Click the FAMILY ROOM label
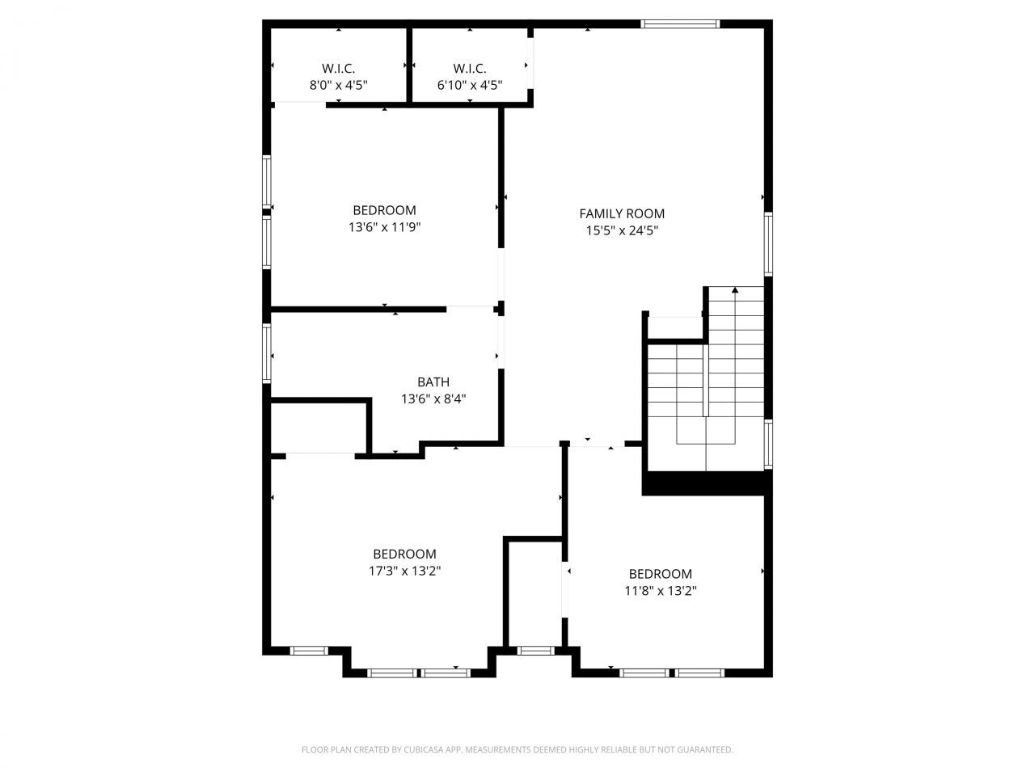pos(622,213)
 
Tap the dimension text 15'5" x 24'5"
pos(622,230)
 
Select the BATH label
pos(433,382)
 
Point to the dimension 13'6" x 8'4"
pos(433,399)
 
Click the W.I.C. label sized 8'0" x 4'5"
pos(338,69)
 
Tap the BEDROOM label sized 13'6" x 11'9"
pos(384,210)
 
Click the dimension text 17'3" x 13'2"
pos(404,571)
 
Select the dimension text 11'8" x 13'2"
pos(660,591)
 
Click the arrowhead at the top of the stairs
pos(735,289)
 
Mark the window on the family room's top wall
pos(680,24)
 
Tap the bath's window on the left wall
pos(267,352)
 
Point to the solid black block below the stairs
pos(703,483)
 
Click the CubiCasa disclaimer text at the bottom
pos(517,750)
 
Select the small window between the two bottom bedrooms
pos(534,650)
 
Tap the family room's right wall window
pos(768,244)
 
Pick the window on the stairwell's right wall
pos(768,444)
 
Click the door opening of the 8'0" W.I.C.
pos(299,103)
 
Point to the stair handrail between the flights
pos(706,380)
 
